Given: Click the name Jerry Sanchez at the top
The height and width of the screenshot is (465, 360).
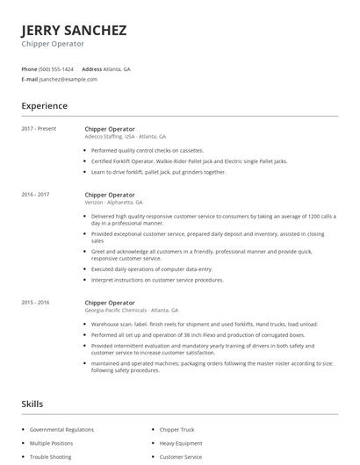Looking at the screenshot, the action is coord(74,30).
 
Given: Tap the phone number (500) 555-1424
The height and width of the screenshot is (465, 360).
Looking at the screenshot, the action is coord(57,68).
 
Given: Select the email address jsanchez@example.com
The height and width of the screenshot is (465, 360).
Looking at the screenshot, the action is coord(68,79).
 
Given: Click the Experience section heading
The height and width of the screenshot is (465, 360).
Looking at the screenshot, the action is coord(44,106).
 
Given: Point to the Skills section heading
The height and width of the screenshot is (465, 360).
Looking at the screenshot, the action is coord(33,404).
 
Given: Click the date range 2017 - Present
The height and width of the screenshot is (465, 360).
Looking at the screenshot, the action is coord(39,129).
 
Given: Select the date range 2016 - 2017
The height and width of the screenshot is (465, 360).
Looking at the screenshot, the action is coord(36,194).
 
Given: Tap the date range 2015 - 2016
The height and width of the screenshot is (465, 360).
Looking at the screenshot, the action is coord(36,302).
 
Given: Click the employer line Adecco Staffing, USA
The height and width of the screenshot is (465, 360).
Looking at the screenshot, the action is coord(125,137).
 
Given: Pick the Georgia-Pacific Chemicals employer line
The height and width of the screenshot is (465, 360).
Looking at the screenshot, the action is coord(131,310).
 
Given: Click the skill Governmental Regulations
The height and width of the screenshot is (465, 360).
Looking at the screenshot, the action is coord(61,430).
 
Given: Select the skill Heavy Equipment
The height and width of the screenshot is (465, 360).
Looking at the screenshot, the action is coord(181,444).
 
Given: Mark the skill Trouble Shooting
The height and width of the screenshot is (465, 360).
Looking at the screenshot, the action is coord(50,457).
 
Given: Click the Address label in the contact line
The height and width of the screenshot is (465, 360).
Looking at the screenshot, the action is coord(92,68).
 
